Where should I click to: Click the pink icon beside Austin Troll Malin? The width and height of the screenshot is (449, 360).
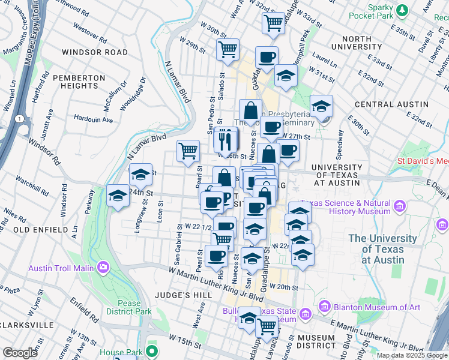click(x=104, y=266)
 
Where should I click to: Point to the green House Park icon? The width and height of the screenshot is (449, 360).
click(x=152, y=352)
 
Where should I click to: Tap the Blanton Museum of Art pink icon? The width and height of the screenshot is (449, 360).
click(x=325, y=307)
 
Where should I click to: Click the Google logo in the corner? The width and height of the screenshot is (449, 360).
click(x=20, y=353)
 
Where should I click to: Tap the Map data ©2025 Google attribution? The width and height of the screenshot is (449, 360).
click(x=412, y=355)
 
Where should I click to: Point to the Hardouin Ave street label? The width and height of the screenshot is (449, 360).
click(x=93, y=119)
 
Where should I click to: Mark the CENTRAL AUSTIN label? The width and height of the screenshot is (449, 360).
click(x=382, y=104)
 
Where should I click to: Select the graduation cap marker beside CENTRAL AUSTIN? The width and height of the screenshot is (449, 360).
click(x=321, y=106)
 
